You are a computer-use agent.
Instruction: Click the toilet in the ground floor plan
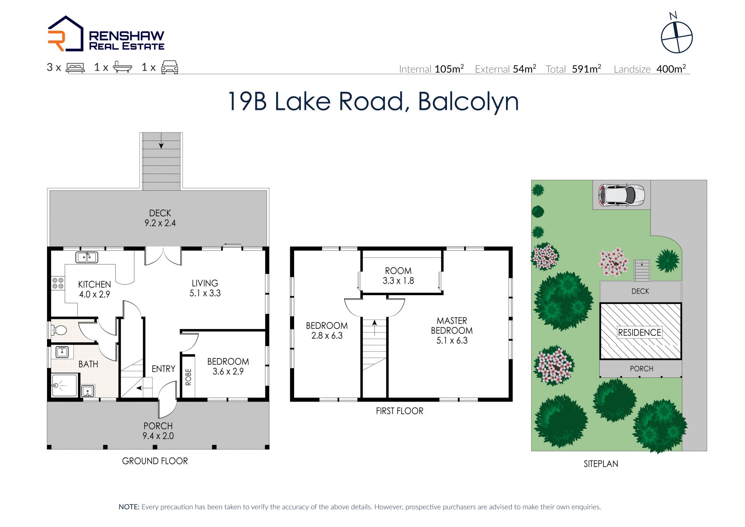pos(59,330)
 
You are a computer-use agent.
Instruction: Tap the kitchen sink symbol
pos(87,257)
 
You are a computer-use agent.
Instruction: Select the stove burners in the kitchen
pos(58,283)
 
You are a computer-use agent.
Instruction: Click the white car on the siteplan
pos(621,195)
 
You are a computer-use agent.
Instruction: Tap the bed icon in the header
pos(75,68)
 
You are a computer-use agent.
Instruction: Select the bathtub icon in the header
pos(123,67)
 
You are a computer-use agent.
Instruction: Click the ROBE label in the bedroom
pos(189,377)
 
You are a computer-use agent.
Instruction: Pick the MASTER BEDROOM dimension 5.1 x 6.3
pos(452,341)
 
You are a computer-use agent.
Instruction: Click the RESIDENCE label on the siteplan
pos(639,332)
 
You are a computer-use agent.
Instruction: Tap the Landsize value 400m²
pos(671,69)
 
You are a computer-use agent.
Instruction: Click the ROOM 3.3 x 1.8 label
pos(398,276)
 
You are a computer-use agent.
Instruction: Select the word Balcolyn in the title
pos(468,102)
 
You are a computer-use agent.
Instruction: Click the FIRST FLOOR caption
pos(400,411)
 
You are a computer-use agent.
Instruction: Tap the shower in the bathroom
pos(64,385)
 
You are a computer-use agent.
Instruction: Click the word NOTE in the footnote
pos(129,507)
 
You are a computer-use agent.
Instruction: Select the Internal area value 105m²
pos(449,69)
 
